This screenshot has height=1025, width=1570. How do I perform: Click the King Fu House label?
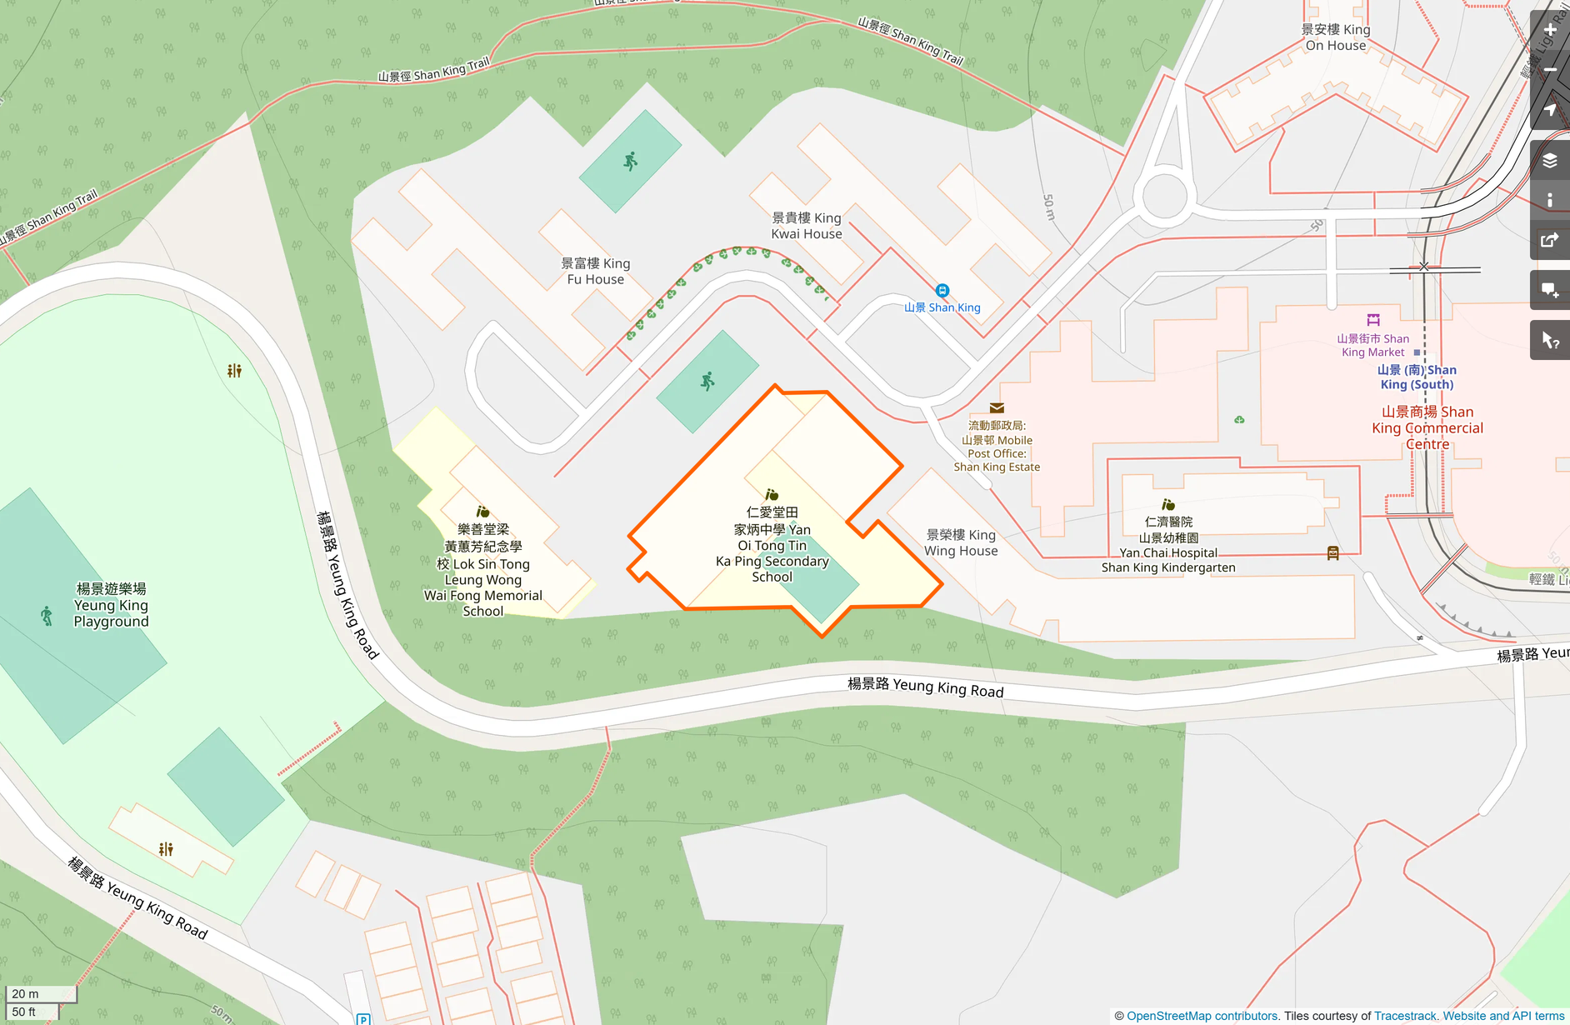(x=595, y=272)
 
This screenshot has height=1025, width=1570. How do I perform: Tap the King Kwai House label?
(x=806, y=226)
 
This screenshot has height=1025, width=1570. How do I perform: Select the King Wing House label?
(x=961, y=542)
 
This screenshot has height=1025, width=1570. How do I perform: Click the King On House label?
(x=1336, y=37)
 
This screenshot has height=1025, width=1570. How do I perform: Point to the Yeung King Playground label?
(x=111, y=605)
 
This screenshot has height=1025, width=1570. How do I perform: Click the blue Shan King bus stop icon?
(x=942, y=291)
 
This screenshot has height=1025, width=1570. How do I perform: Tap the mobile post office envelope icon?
(x=997, y=408)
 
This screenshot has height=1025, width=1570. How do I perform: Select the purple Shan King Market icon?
(x=1373, y=320)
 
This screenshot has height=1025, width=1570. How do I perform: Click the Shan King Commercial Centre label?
(x=1427, y=427)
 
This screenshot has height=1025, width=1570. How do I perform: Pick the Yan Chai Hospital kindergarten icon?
(x=1168, y=505)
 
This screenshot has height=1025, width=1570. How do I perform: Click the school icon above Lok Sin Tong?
(x=482, y=512)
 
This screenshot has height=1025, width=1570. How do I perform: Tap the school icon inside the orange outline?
(x=772, y=495)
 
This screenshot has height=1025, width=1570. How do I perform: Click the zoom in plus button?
(x=1550, y=30)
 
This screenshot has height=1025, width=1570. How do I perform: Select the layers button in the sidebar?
(x=1550, y=161)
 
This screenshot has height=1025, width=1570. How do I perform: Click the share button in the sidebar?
(x=1550, y=241)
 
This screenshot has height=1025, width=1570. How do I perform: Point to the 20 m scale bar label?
(x=26, y=993)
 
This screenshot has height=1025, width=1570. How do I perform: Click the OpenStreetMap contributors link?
(x=1202, y=1016)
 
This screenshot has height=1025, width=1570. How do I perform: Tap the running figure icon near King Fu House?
(x=631, y=161)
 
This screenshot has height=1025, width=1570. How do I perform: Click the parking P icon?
(x=363, y=1019)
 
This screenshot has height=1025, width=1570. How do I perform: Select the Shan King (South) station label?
(x=1417, y=377)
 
